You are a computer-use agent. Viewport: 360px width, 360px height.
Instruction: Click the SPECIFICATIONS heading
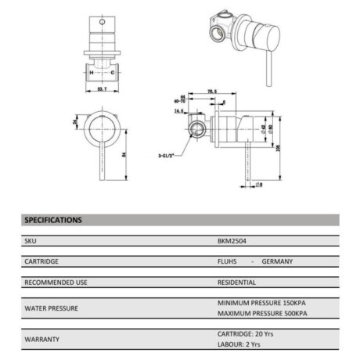[x=54, y=221]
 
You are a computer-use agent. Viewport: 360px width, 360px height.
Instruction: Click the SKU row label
[x=31, y=242]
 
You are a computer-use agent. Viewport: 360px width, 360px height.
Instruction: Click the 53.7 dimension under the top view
[x=100, y=91]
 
